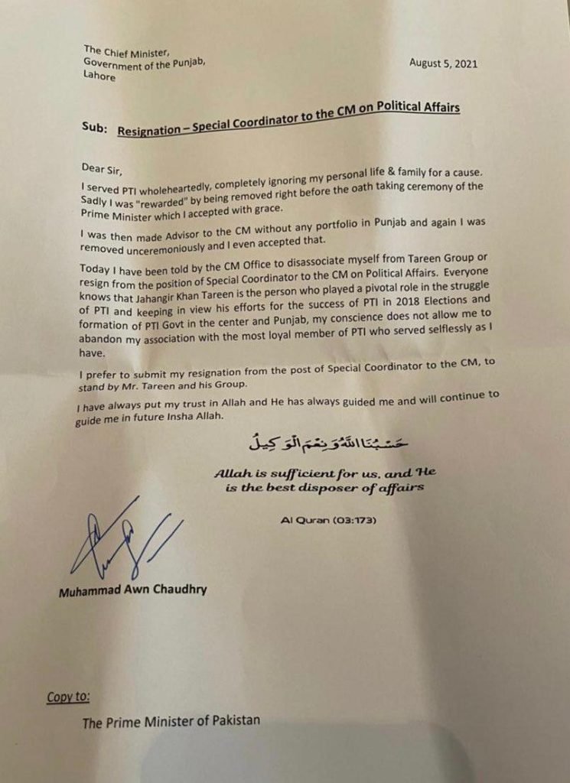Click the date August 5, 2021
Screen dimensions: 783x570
[444, 63]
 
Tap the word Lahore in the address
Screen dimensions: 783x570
[101, 76]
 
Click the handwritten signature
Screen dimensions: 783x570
[115, 543]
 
